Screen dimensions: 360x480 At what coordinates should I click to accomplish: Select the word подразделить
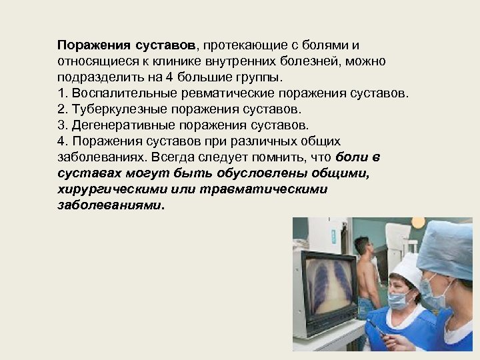(93, 77)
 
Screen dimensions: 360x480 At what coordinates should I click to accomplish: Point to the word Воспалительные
(117, 93)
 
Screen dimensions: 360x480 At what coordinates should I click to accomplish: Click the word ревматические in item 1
(220, 93)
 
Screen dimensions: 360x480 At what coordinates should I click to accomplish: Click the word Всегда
(171, 157)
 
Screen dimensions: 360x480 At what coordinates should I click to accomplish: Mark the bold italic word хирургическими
(112, 189)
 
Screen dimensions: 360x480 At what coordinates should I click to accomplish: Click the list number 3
(62, 125)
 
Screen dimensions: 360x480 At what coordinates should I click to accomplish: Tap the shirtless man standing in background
(366, 273)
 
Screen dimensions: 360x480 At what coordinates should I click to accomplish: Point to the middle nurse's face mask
(399, 299)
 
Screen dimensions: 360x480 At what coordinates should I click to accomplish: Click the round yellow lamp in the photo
(417, 222)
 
